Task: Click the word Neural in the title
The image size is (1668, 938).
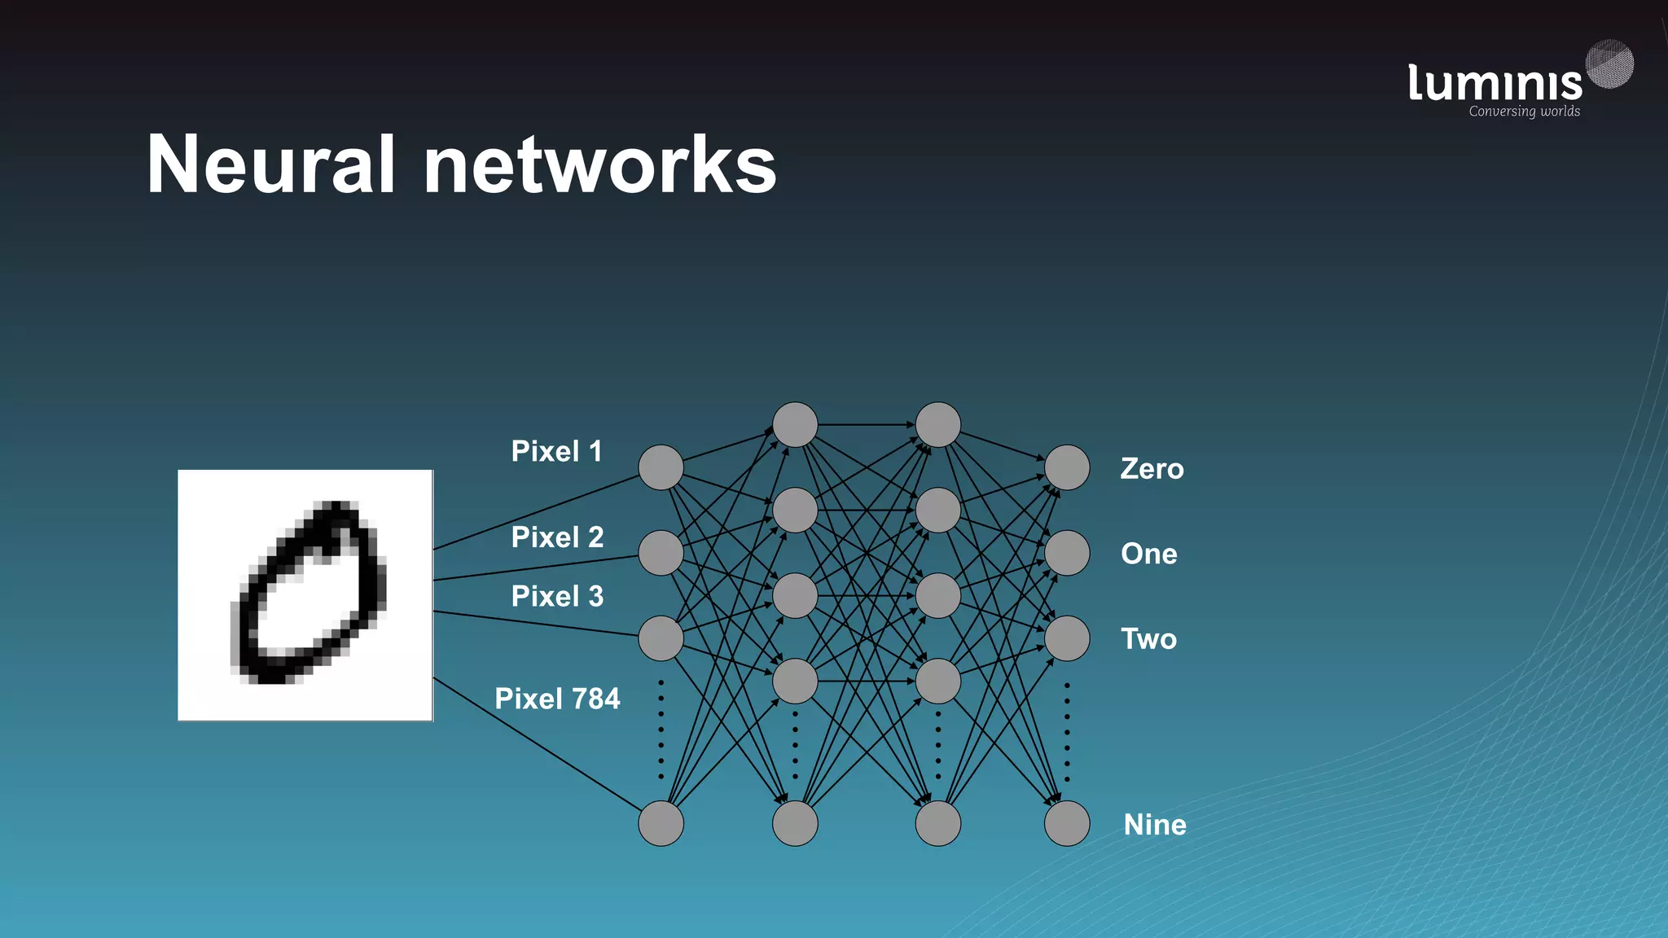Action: tap(270, 165)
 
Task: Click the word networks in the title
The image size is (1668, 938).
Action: tap(599, 165)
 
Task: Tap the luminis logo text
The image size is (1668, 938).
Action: tap(1495, 84)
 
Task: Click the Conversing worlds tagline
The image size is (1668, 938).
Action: tap(1524, 112)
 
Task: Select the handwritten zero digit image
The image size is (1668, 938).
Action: tap(305, 595)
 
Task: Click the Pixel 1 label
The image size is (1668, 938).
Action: tap(557, 451)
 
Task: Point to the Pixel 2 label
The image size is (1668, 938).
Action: tap(557, 537)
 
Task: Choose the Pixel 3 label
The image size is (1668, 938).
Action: tap(557, 596)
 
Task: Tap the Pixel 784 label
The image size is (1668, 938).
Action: tap(557, 699)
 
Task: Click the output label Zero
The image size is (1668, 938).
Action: tap(1152, 469)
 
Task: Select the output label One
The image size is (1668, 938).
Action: tap(1148, 554)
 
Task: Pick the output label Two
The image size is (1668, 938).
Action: tap(1148, 639)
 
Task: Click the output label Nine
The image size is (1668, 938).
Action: tap(1154, 825)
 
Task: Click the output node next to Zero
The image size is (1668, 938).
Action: tap(1067, 467)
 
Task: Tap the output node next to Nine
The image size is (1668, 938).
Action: tap(1067, 823)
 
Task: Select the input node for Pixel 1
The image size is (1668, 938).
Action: tap(661, 467)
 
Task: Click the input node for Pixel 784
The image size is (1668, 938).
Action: tap(661, 823)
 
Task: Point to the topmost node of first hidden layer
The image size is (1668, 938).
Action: tap(795, 424)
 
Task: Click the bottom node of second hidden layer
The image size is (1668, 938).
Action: tap(938, 823)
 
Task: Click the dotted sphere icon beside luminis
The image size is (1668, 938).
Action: tap(1610, 64)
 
